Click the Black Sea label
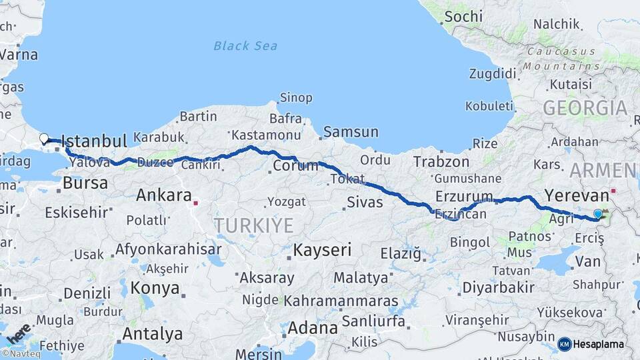coord(245,46)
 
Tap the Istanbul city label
coord(93,141)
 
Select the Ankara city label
coord(163,195)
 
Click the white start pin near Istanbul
coord(44,139)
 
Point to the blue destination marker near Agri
coord(598,214)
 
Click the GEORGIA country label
coord(585,108)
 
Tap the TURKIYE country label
coord(253,225)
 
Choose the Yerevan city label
coord(577,196)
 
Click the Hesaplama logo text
coord(599,344)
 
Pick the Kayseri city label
coord(323,251)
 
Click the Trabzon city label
coord(441,161)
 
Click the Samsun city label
coord(351,132)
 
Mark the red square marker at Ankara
coord(195,201)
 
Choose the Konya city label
coord(155,288)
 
